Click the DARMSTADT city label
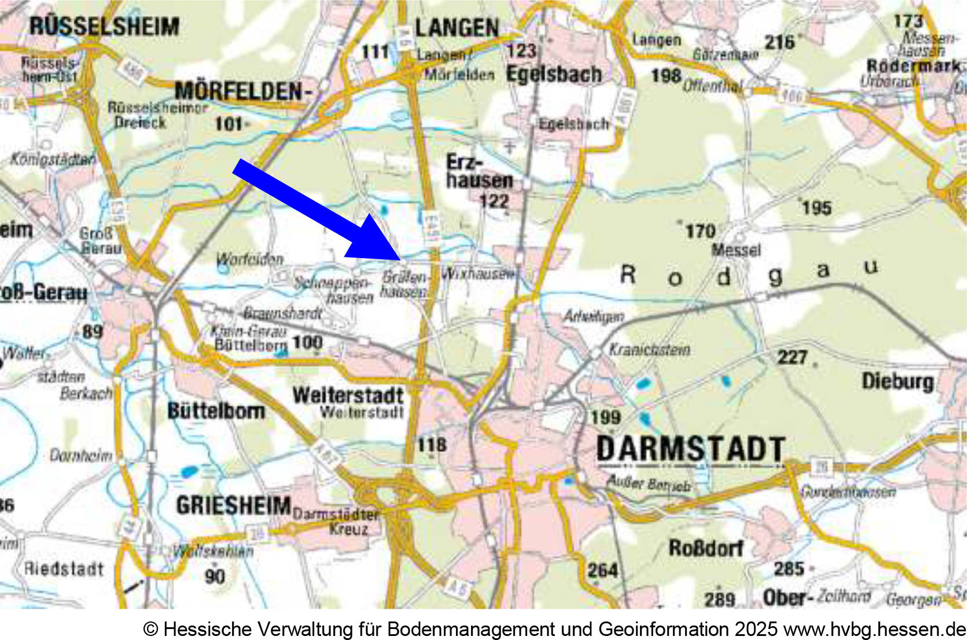[690, 449]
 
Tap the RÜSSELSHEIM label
[104, 26]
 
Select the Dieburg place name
[897, 381]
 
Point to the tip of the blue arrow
[400, 258]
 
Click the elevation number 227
[792, 356]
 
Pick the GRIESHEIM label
[233, 505]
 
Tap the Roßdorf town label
[706, 547]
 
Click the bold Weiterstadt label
[348, 395]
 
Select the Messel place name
[736, 250]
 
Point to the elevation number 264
[602, 571]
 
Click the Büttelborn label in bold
[216, 411]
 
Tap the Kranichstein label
[649, 350]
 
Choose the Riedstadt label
[64, 568]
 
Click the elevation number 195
[816, 208]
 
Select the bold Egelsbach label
[554, 74]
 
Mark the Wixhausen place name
[478, 273]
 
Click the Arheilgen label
[594, 316]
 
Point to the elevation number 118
[432, 444]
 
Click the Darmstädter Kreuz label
[341, 521]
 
